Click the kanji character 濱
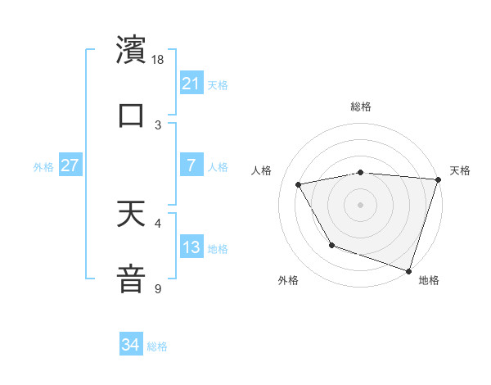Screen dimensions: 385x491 131,49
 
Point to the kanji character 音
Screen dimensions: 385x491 131,278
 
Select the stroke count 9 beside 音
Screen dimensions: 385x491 158,288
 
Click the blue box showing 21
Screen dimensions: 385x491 191,84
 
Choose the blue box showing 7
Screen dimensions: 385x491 191,165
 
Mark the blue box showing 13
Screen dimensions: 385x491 191,247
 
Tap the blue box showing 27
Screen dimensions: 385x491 70,165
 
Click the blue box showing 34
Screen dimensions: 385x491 131,345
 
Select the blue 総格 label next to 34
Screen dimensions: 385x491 157,346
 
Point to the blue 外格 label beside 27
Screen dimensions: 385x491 43,167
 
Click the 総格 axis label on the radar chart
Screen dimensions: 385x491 361,106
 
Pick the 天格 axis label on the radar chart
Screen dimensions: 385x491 460,170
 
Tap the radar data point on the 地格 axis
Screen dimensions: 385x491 408,269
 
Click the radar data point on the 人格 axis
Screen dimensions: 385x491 299,184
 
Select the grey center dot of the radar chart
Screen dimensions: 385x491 360,204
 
